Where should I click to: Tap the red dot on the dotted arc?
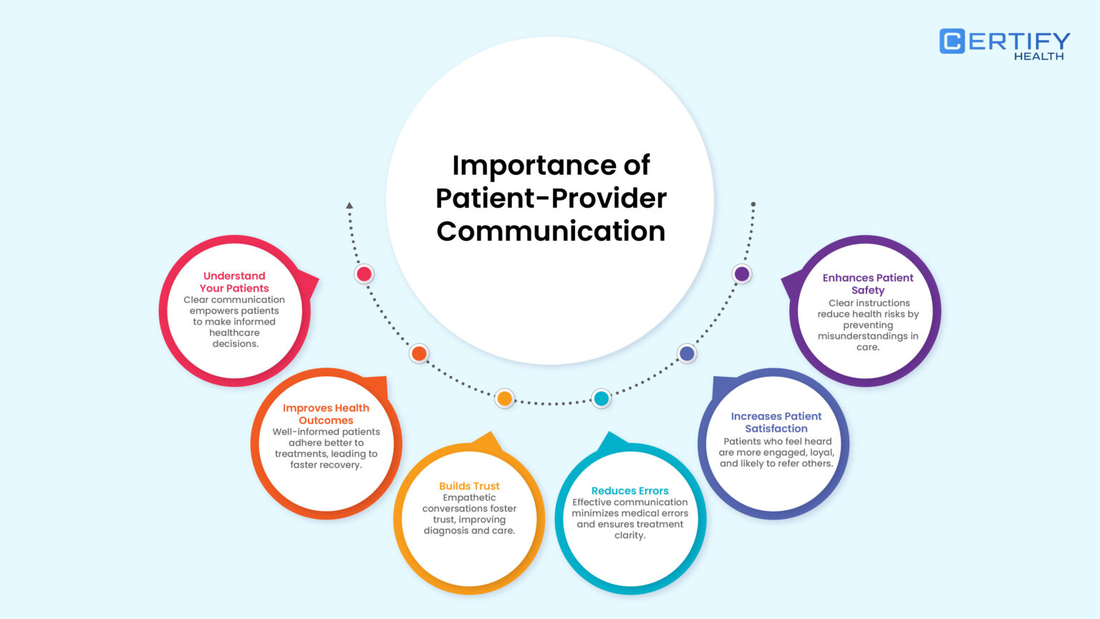(365, 274)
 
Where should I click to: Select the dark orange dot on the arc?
(419, 353)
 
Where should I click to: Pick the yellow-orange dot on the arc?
(505, 398)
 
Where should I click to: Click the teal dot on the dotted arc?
(602, 398)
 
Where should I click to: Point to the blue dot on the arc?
(687, 353)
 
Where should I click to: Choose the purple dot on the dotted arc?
(742, 274)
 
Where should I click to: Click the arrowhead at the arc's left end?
(349, 206)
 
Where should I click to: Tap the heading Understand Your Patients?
(234, 282)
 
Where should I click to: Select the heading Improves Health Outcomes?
(326, 414)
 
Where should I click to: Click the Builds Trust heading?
(469, 486)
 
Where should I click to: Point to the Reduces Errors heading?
(629, 491)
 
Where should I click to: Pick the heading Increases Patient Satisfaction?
(776, 422)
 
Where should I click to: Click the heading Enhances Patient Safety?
(868, 284)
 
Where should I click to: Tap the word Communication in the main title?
(551, 231)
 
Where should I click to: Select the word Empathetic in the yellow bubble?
(469, 498)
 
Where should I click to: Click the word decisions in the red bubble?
(235, 344)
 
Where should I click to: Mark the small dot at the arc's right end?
(753, 204)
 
